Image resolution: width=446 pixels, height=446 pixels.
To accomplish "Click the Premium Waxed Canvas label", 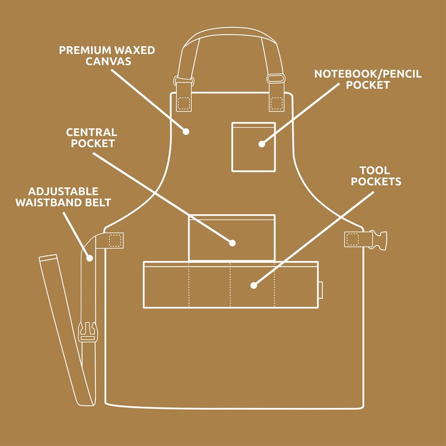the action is click(x=107, y=55).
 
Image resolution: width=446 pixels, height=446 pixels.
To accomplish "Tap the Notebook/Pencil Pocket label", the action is click(x=368, y=79).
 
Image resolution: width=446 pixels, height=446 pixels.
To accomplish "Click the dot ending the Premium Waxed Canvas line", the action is click(x=187, y=132).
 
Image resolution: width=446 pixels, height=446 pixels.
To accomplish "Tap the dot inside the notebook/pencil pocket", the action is click(x=261, y=144).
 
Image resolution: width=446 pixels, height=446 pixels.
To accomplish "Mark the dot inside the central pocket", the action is click(x=233, y=243).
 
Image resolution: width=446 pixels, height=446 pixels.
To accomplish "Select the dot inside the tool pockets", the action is click(x=253, y=285).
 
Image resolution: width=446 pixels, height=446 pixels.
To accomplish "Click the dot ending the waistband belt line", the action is click(x=89, y=258).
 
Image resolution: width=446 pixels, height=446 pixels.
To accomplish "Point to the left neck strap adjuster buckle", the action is click(x=183, y=79).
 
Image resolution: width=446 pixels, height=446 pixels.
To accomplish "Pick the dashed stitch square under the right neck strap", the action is click(x=276, y=103).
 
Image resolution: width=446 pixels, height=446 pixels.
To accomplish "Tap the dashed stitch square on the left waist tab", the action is click(x=115, y=240).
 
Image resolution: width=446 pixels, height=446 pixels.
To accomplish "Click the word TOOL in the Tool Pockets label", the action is click(x=375, y=170).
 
